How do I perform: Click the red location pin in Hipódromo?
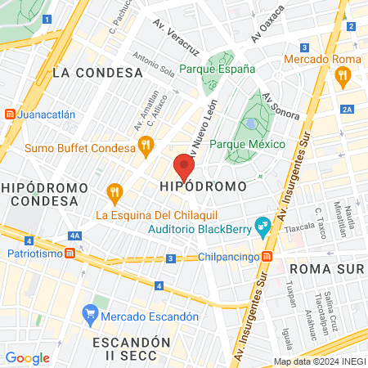(185, 167)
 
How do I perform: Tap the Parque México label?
(247, 144)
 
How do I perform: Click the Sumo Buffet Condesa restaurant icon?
(146, 148)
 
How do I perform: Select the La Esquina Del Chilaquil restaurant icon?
(114, 194)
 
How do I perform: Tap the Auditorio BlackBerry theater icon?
(263, 223)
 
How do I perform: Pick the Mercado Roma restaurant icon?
(342, 76)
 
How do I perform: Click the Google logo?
(27, 357)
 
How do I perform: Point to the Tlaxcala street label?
(301, 230)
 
